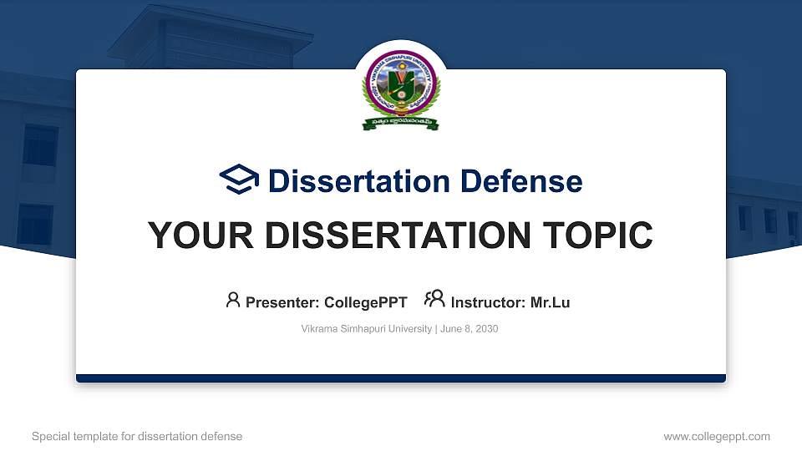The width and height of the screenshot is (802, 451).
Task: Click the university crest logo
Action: [x=401, y=90]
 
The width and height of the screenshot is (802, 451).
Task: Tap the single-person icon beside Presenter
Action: [x=233, y=300]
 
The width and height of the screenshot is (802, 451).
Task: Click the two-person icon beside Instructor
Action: [x=434, y=300]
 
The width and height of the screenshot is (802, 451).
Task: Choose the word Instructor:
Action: [x=489, y=302]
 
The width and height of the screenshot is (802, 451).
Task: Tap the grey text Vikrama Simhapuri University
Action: [x=366, y=329]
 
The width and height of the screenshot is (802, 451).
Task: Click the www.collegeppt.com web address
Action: [x=717, y=436]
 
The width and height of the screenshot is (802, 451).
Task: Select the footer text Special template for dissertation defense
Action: [x=137, y=436]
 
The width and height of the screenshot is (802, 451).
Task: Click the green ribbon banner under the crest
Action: [x=401, y=124]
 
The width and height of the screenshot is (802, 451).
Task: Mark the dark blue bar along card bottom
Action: [x=401, y=378]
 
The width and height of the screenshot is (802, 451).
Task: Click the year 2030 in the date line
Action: [x=485, y=329]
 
